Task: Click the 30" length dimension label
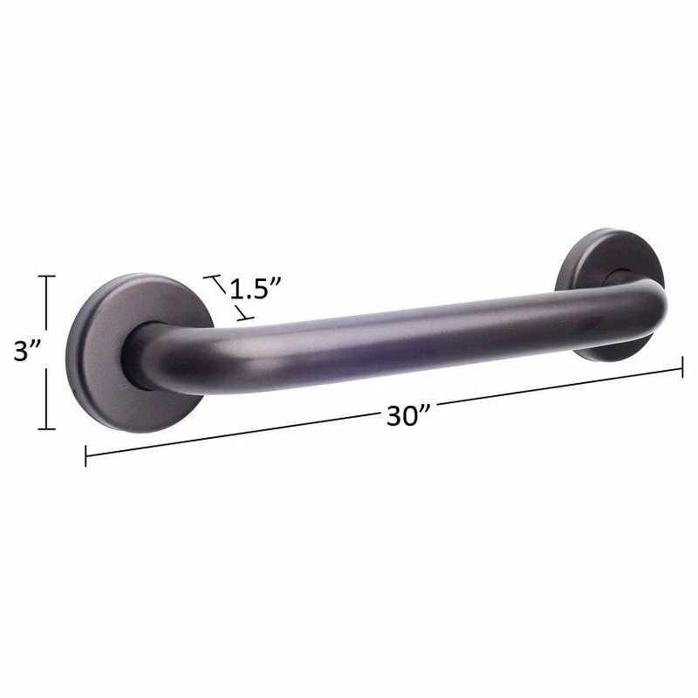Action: pyautogui.click(x=407, y=416)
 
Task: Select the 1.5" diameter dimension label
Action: pyautogui.click(x=256, y=289)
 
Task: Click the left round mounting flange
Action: pyautogui.click(x=139, y=353)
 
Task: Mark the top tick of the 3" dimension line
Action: pyautogui.click(x=46, y=277)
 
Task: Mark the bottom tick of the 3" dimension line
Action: pyautogui.click(x=46, y=429)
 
